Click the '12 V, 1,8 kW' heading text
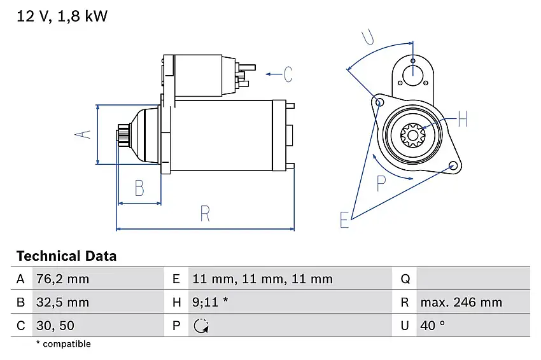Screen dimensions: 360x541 [x=62, y=17]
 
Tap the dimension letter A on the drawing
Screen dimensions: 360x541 [x=83, y=134]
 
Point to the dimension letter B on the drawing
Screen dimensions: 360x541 [x=139, y=188]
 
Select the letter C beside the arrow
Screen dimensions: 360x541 [x=288, y=74]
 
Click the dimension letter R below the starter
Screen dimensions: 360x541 [x=204, y=214]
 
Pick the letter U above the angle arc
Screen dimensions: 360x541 [x=368, y=38]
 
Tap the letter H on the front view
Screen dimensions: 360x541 [x=462, y=119]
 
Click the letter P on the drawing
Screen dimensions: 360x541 [x=381, y=184]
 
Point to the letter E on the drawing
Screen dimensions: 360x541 [x=344, y=220]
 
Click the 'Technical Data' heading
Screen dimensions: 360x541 [x=66, y=256]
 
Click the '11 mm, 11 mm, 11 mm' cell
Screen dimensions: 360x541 [x=262, y=279]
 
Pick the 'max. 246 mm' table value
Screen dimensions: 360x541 [x=461, y=303]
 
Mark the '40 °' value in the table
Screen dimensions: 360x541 [x=432, y=326]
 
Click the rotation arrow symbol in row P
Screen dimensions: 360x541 [x=200, y=326]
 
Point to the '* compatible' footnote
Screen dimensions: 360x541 [x=63, y=344]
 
